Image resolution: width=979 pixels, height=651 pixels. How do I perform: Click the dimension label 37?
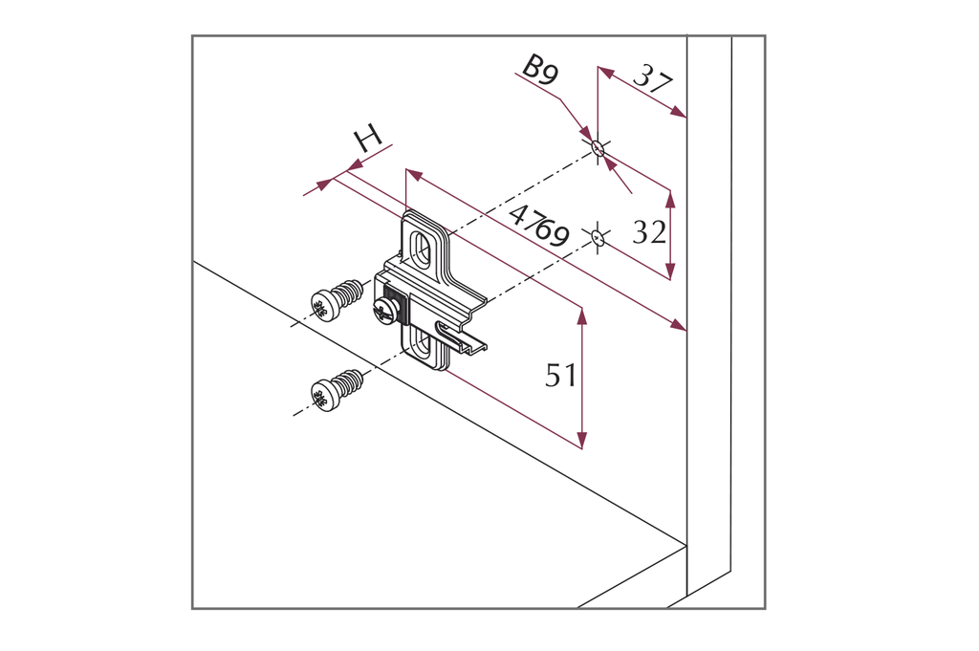653,81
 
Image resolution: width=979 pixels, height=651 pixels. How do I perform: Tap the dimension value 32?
649,232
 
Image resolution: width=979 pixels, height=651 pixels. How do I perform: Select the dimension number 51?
560,376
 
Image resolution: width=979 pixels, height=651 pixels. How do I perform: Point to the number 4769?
539,227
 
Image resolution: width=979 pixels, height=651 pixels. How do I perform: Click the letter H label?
368,139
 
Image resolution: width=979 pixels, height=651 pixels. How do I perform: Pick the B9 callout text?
540,69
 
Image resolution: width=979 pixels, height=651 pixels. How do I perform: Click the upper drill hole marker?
598,149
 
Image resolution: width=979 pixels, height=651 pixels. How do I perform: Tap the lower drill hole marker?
598,237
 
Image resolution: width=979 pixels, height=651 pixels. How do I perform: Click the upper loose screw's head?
323,306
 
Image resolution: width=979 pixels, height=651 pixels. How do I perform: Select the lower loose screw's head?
325,395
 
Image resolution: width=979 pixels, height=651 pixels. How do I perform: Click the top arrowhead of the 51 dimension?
582,315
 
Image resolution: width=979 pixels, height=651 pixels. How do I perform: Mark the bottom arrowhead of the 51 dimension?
582,440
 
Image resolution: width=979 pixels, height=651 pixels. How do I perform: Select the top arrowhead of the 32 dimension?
670,199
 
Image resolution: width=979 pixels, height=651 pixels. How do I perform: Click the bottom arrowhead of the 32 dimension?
670,271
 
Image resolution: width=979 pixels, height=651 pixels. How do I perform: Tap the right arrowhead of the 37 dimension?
678,112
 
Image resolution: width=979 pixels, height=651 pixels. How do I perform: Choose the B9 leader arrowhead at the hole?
587,134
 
